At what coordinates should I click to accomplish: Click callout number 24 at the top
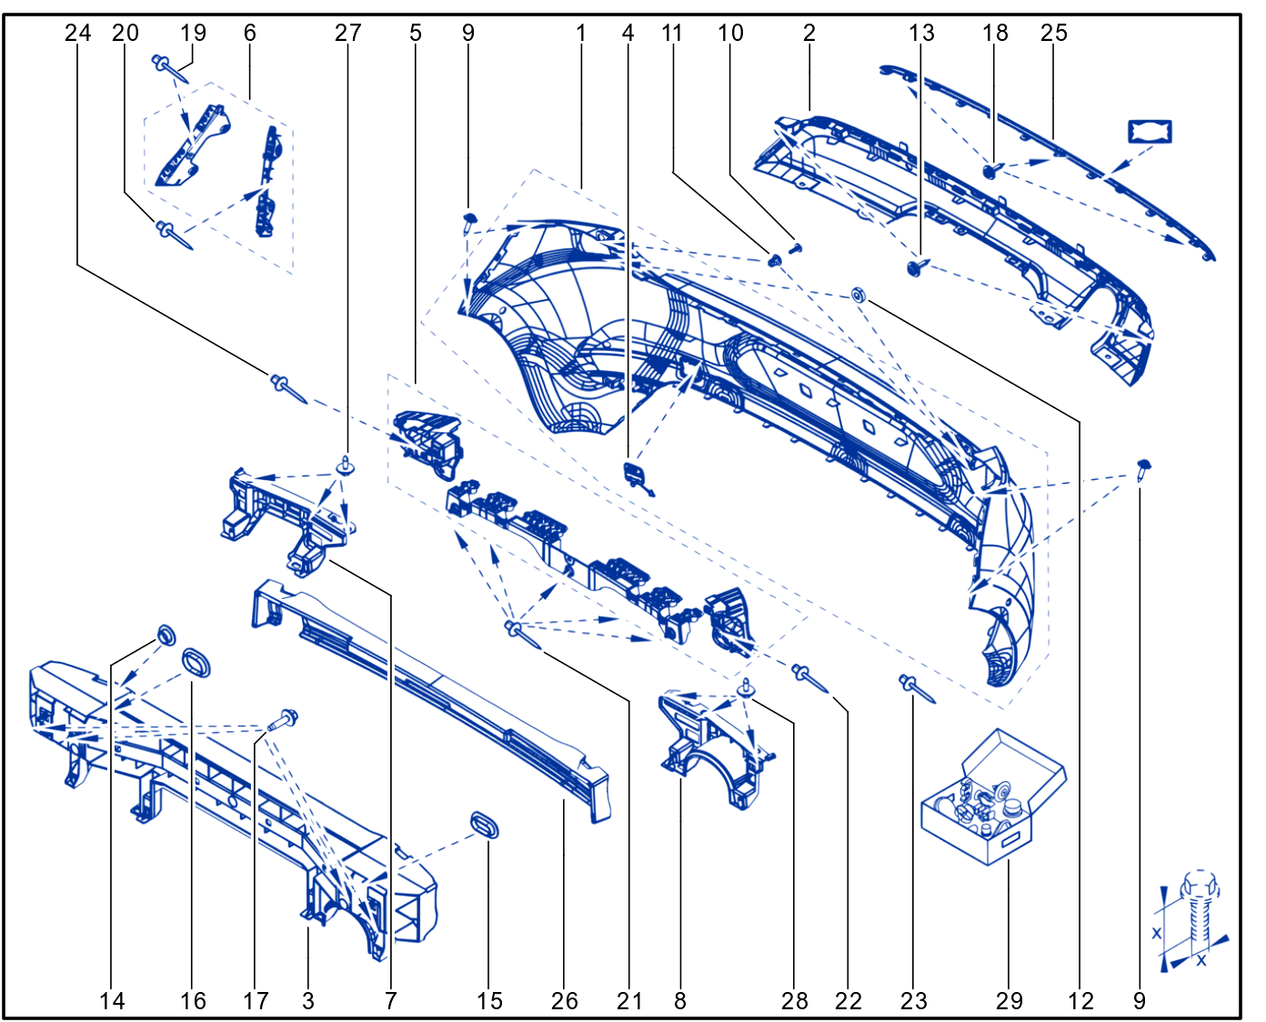78,33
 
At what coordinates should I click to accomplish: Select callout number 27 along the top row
347,33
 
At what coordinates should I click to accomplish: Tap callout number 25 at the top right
1054,33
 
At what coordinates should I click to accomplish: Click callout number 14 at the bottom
112,1001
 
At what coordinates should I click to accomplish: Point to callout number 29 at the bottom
1010,1001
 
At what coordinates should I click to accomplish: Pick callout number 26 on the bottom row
564,1001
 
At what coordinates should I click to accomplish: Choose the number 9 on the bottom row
1140,1001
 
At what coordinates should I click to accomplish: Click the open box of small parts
993,798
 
